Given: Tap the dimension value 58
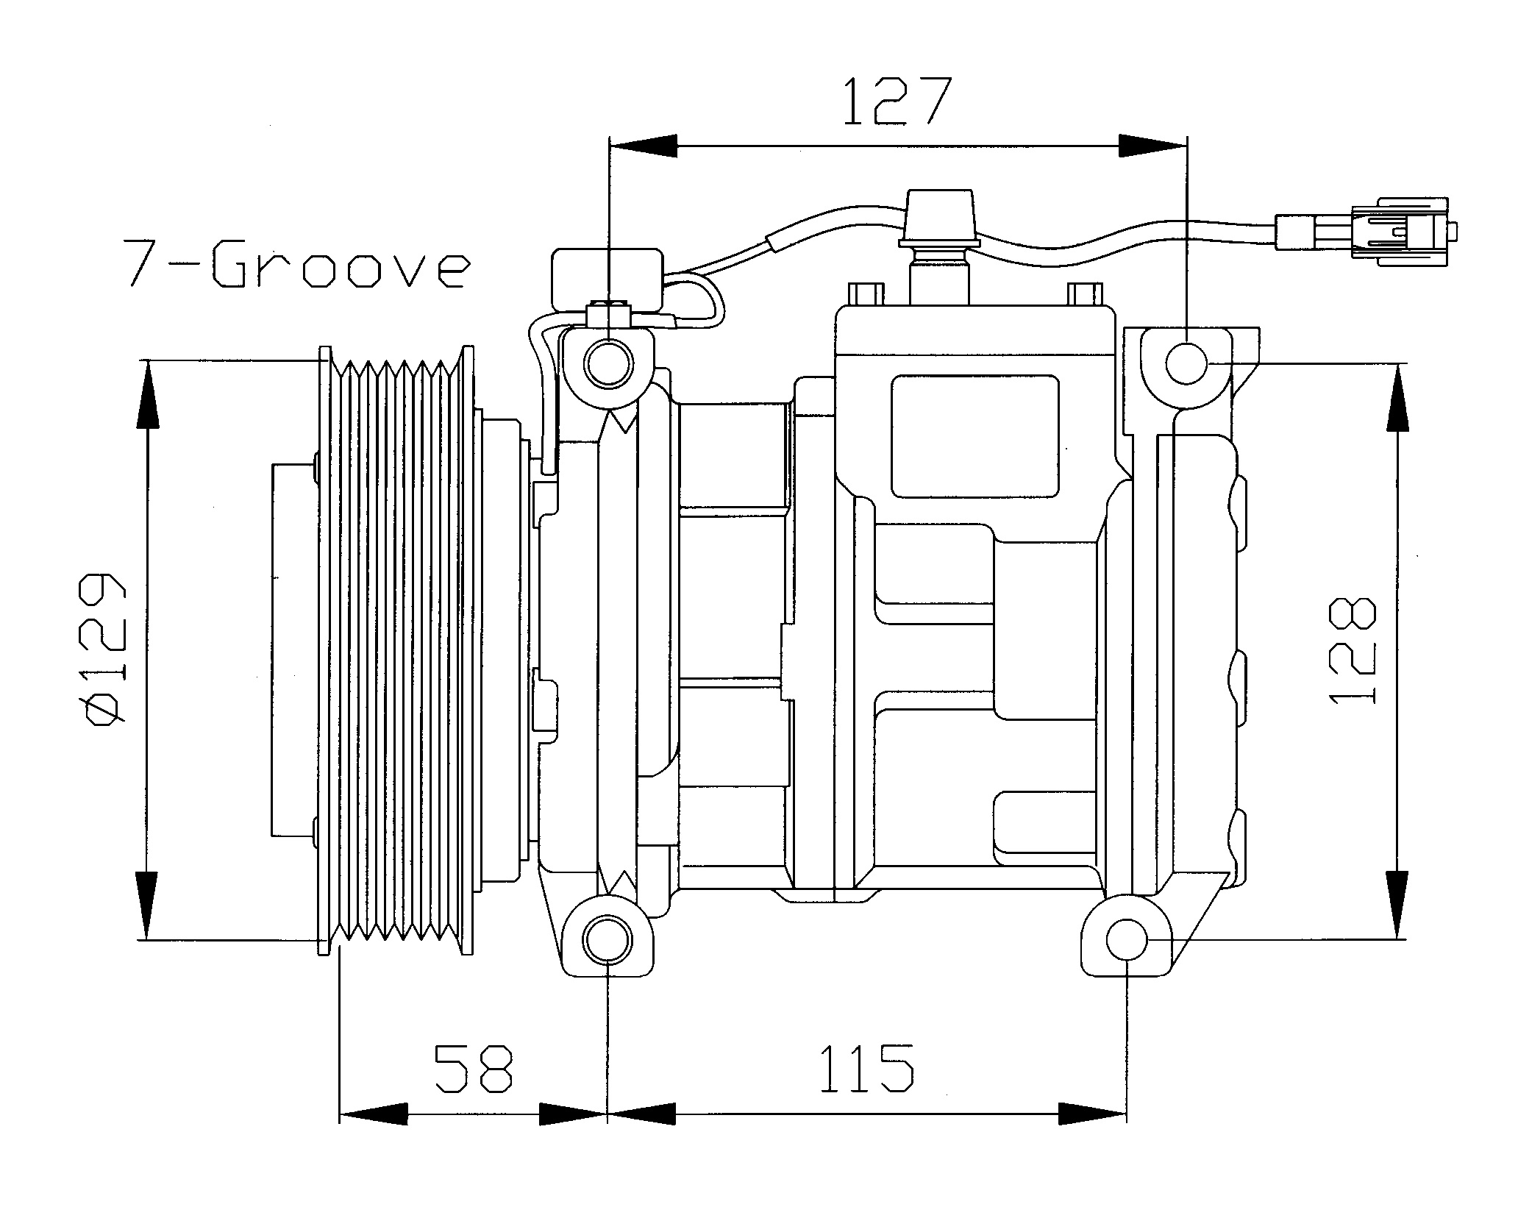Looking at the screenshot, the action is click(x=474, y=1067).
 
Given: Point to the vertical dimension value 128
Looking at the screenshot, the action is click(x=1352, y=650).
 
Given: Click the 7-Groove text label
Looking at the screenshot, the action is click(x=296, y=263).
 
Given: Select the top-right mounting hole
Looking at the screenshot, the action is click(x=1186, y=363).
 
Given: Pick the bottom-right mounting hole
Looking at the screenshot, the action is click(x=1126, y=939).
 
